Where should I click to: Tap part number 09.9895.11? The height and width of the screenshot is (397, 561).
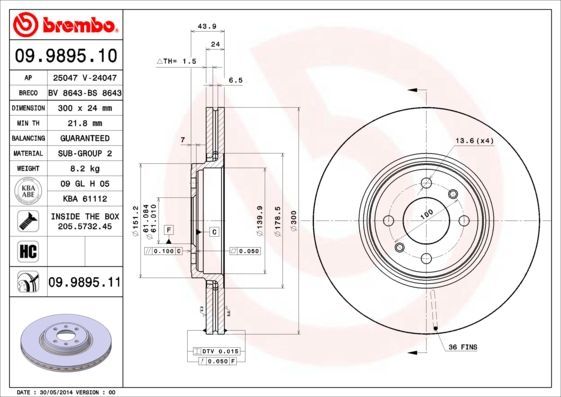pos(84,284)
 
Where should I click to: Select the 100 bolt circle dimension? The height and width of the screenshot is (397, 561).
pos(424,215)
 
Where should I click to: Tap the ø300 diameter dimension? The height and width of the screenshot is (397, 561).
pos(294,216)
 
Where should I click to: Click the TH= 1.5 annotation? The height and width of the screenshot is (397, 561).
pos(177,62)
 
